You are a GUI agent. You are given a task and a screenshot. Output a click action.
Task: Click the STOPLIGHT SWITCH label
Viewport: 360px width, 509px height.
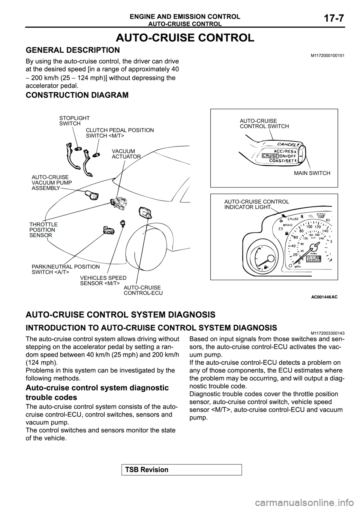pos(74,121)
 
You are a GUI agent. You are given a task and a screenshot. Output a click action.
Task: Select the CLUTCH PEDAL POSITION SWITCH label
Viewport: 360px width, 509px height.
pos(120,133)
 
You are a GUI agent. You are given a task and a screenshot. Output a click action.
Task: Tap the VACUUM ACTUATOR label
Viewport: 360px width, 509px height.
pos(126,154)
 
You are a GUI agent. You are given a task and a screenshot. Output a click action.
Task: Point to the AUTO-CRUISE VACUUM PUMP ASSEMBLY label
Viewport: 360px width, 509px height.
pos(51,182)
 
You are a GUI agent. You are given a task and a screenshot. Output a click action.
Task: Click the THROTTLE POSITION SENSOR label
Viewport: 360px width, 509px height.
pos(43,230)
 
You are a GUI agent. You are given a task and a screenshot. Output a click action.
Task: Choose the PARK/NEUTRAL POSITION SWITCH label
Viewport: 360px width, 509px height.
pos(66,269)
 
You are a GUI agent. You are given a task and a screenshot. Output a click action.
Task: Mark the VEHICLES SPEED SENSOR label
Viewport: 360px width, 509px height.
pos(103,280)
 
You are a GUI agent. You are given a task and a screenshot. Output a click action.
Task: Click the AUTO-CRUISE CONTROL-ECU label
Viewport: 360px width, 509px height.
pos(143,290)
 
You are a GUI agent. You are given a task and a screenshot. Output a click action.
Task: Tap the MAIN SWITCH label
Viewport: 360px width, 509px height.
pos(312,173)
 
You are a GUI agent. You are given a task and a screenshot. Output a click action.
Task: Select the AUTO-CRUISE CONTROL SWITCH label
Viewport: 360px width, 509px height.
pos(264,124)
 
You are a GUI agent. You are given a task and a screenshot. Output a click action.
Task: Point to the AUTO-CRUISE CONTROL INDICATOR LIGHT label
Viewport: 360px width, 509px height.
pos(264,204)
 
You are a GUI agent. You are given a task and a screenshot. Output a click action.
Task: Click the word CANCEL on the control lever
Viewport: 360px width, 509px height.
pos(287,144)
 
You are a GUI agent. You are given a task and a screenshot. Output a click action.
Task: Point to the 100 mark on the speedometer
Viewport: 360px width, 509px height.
pos(310,227)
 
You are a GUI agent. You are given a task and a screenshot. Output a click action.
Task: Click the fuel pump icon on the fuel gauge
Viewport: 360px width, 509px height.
pos(266,268)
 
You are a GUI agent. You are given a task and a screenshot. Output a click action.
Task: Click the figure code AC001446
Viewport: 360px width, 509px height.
pos(321,296)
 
